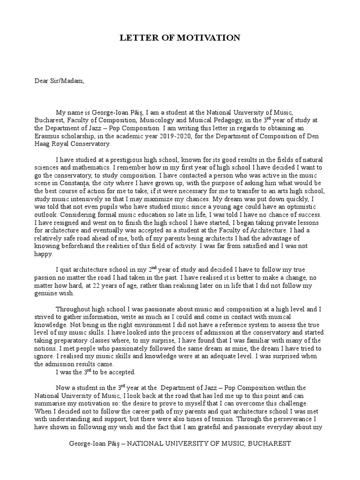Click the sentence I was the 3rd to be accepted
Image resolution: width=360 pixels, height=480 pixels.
(x=96, y=373)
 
